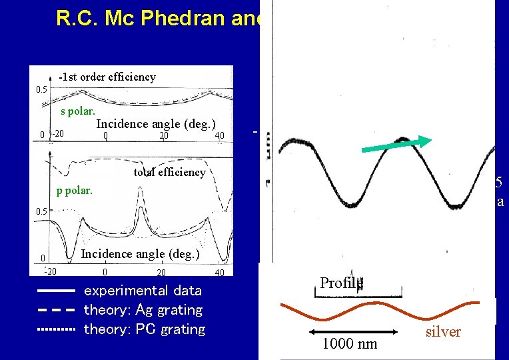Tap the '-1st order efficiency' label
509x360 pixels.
coord(107,77)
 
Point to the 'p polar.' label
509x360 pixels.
coord(75,191)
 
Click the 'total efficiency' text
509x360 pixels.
coord(169,172)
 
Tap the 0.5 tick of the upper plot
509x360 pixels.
coord(41,89)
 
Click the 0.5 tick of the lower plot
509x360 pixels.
coord(41,211)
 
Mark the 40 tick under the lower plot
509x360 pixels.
coord(219,273)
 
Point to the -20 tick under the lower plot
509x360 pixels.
coord(50,271)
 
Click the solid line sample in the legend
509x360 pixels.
coord(57,291)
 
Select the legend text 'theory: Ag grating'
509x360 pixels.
coord(143,310)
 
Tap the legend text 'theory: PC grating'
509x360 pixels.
coord(144,329)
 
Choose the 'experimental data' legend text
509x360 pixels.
coord(143,291)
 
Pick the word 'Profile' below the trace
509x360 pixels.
coord(341,283)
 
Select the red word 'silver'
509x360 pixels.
coord(442,332)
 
